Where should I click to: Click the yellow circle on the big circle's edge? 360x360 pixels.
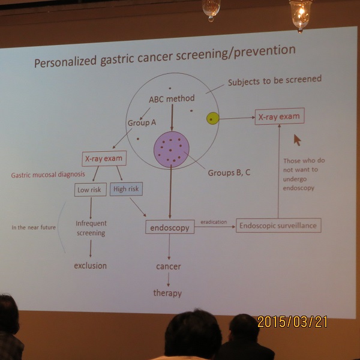[212, 118]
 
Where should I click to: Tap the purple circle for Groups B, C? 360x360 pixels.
[172, 149]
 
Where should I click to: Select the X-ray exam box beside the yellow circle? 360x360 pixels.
[280, 116]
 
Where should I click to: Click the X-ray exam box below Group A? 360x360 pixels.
[104, 158]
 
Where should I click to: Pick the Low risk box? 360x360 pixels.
[91, 190]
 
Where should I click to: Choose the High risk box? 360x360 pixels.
[126, 189]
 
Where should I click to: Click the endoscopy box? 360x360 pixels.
[170, 227]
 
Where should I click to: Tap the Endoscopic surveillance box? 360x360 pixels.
[278, 226]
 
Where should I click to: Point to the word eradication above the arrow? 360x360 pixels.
[214, 222]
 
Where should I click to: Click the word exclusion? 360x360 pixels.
[90, 266]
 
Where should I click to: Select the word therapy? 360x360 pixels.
[167, 293]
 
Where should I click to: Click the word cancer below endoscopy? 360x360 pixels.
[169, 266]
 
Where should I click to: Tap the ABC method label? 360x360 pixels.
[172, 99]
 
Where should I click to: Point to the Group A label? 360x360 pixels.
[142, 122]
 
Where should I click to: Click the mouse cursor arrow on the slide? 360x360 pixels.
[297, 140]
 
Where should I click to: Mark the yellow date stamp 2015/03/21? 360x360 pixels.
[293, 322]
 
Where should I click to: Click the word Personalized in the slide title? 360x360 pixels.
[65, 62]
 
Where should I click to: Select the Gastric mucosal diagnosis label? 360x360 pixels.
[48, 175]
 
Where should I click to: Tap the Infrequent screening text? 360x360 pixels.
[91, 228]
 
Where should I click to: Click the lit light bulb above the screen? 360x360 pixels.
[301, 14]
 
